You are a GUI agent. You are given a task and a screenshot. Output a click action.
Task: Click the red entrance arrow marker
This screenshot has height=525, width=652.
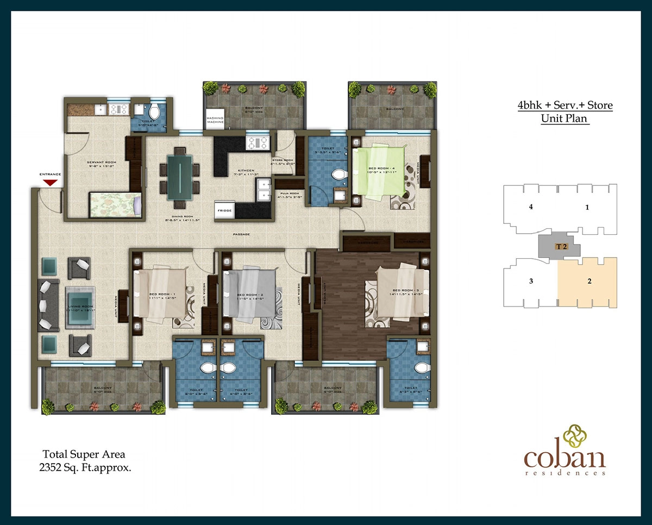(x=50, y=183)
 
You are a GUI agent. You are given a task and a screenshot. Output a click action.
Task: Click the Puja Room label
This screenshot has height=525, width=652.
(x=286, y=195)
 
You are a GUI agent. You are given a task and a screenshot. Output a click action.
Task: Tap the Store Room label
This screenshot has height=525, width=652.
(x=283, y=161)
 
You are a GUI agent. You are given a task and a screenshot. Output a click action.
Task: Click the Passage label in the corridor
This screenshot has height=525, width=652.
(x=242, y=234)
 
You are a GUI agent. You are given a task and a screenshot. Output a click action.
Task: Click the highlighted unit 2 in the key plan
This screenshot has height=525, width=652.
(x=588, y=282)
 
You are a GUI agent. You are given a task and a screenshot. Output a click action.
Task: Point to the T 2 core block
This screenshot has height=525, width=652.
(x=558, y=246)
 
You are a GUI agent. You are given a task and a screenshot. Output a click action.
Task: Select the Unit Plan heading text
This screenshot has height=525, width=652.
(x=565, y=118)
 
